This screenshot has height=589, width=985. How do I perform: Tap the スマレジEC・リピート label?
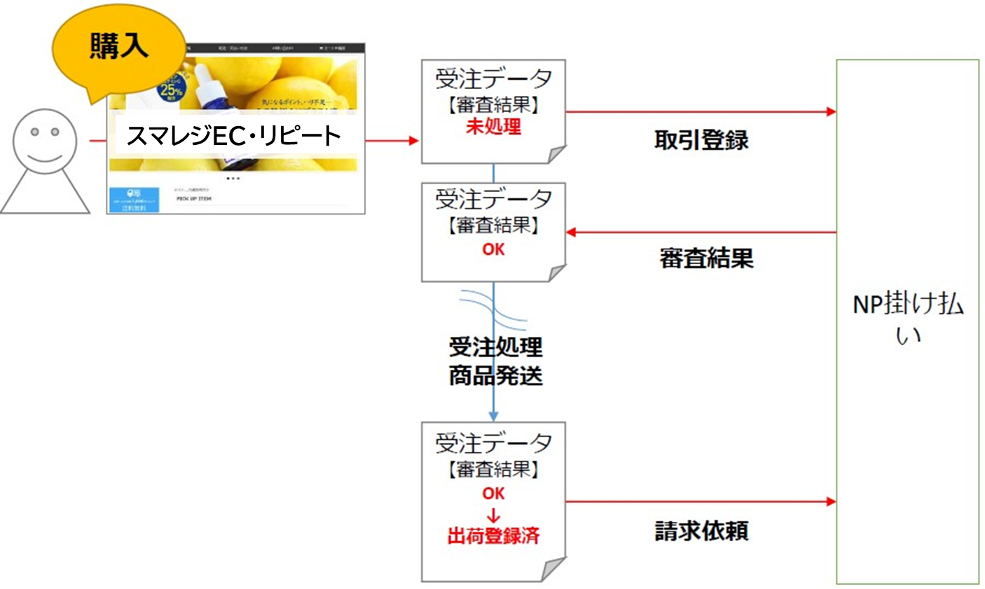pos(233,135)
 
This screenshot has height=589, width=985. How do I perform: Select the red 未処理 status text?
pos(493,127)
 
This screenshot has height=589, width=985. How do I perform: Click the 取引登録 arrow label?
pos(701,140)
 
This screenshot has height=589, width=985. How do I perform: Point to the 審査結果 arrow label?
pos(706,258)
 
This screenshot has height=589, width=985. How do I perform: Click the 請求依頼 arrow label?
pos(701,531)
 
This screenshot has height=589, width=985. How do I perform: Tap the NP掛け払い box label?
pos(907,319)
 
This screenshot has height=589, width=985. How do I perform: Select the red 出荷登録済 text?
pos(493,536)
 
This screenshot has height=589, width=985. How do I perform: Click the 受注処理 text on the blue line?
pos(495,347)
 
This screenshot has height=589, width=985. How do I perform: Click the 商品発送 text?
pos(495,376)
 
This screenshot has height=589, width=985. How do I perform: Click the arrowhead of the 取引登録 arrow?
pos(831,111)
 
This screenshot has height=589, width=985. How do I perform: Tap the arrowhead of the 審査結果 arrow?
pos(571,232)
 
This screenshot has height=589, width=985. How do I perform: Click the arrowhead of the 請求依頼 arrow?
pos(831,501)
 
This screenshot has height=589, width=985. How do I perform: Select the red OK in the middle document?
pos(493,249)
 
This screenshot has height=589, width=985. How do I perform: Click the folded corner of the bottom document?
pos(553,569)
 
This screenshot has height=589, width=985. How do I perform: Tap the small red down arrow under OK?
pos(493,516)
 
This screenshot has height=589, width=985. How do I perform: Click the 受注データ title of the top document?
pos(493,79)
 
